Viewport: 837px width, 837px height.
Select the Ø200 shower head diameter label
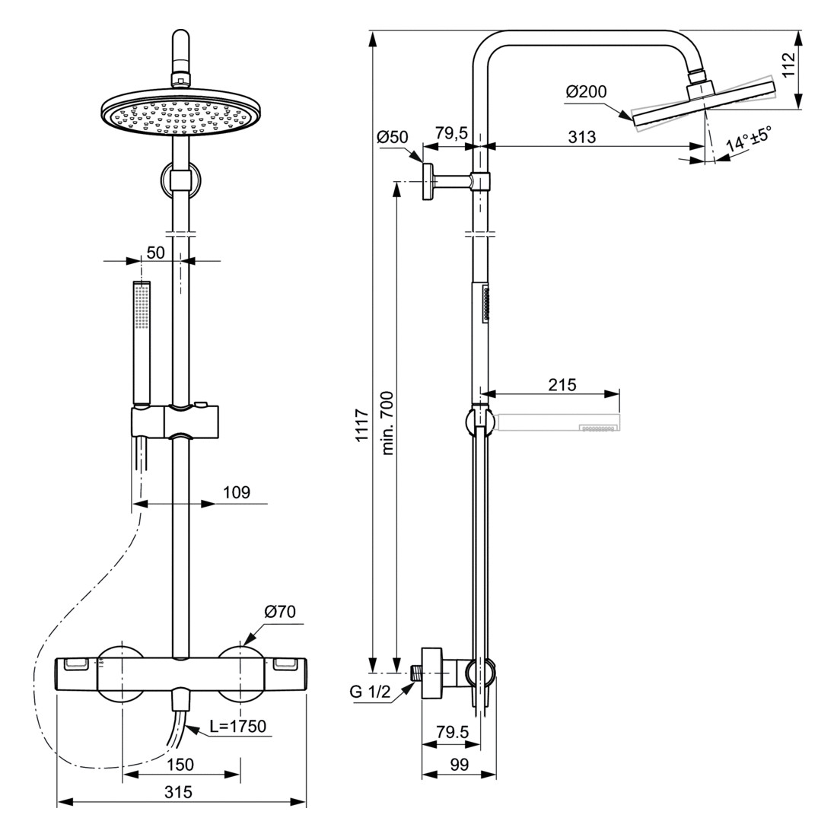[x=586, y=92]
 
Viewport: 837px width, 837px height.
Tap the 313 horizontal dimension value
[x=582, y=137]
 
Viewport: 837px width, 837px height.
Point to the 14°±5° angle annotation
[x=749, y=138]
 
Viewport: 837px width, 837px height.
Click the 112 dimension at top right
[x=789, y=65]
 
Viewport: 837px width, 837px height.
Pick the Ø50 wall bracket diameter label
[x=393, y=137]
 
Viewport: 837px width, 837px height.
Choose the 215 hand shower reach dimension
[x=562, y=384]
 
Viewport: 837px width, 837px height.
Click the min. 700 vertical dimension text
[x=387, y=423]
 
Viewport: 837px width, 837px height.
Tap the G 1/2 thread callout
[x=370, y=692]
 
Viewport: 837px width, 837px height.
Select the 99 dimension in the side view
[x=459, y=765]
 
